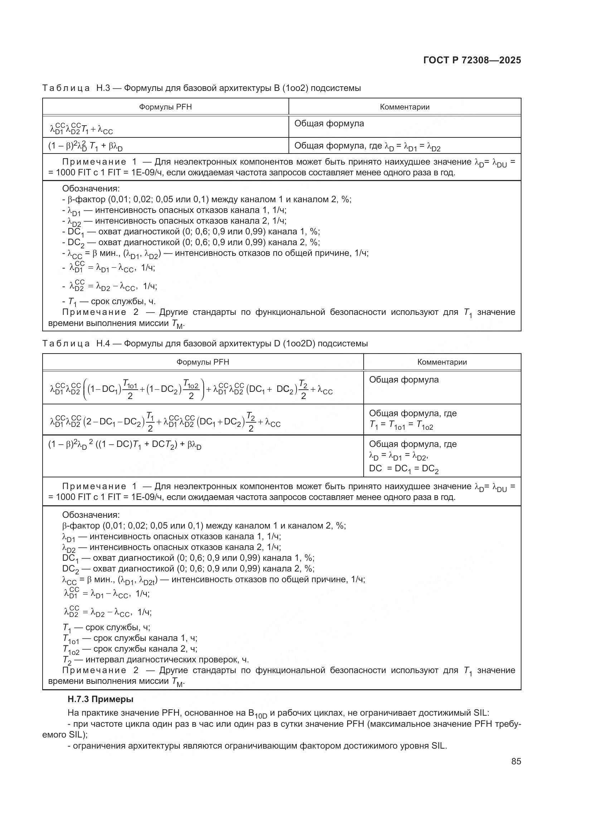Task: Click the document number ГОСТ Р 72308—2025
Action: (472, 60)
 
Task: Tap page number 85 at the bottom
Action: (516, 761)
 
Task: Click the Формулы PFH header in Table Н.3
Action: (165, 107)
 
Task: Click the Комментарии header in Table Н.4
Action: (442, 362)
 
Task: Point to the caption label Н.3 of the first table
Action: (103, 88)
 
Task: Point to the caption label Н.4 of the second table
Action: (103, 344)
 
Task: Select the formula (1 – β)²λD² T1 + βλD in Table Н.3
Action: (86, 147)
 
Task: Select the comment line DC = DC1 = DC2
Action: (403, 469)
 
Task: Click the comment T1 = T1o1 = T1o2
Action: (401, 426)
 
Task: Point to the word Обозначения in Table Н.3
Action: (91, 189)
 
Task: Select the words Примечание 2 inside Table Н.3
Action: (94, 312)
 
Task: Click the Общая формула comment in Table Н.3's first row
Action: (329, 123)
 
